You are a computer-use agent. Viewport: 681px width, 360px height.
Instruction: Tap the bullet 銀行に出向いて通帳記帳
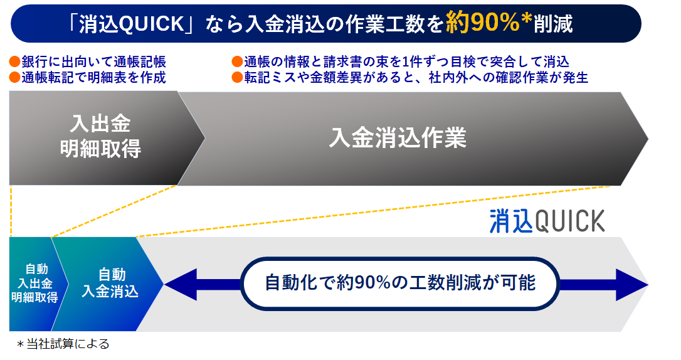coord(93,61)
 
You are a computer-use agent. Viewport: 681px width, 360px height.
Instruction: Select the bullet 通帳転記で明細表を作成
coord(93,77)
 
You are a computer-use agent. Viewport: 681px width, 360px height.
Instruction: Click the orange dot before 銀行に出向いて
coord(14,61)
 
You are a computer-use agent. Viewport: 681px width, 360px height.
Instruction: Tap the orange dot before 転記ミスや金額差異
coord(237,77)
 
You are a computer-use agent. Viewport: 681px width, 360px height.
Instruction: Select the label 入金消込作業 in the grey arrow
coord(398,138)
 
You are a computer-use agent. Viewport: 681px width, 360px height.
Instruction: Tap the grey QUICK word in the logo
coord(569,221)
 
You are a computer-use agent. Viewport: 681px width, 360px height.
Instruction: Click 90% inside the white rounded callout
coord(372,283)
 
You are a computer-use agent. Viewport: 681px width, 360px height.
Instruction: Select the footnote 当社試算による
coord(68,344)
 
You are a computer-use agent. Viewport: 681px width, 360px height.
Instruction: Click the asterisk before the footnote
coord(21,344)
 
